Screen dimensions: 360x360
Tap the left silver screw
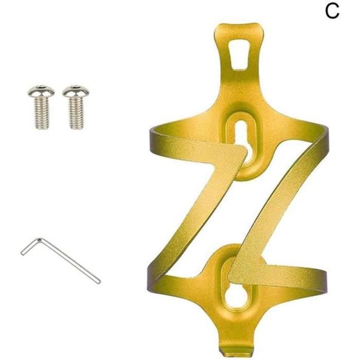click(41, 107)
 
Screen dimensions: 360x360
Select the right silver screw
click(76, 107)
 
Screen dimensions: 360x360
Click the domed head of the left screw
click(41, 91)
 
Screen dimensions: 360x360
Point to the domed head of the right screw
click(76, 91)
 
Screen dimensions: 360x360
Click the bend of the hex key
click(39, 240)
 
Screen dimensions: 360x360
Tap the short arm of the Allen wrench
click(30, 247)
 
